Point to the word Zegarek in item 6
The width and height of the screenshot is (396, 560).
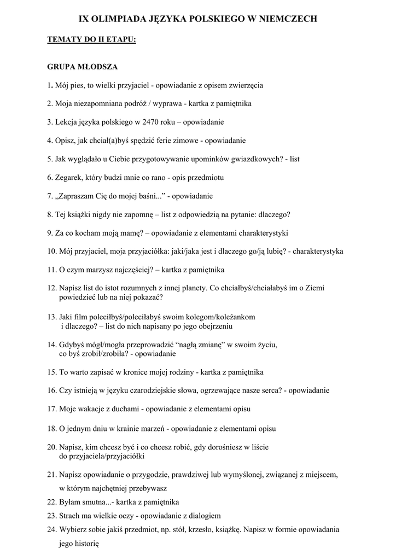(68, 178)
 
